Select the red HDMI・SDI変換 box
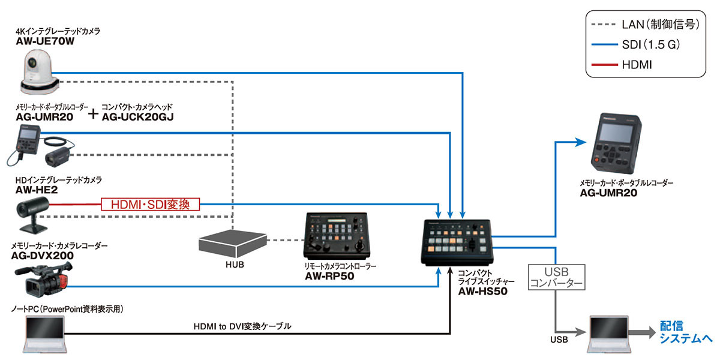pos(151,204)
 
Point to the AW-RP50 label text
pos(331,277)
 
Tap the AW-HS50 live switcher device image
pos(459,242)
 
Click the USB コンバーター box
pos(556,277)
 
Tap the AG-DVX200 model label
pos(43,256)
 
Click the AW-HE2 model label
pos(37,190)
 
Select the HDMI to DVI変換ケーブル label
pos(243,326)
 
